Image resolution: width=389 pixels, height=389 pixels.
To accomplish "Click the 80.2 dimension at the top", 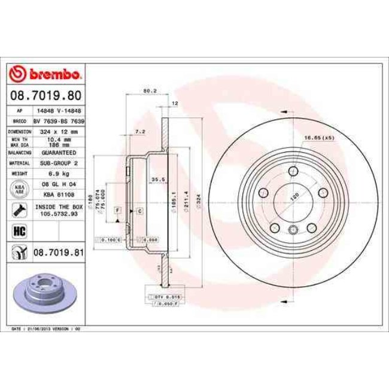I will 150,91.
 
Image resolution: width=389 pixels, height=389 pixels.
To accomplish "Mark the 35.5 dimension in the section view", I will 158,179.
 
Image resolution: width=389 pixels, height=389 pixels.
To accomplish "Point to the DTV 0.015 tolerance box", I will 167,297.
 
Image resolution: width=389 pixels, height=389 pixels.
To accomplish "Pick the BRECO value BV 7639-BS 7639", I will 59,121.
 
